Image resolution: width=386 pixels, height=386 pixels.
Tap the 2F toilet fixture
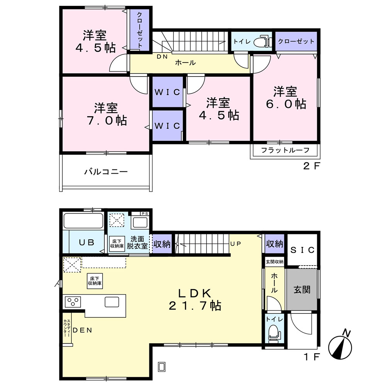[x=262, y=41]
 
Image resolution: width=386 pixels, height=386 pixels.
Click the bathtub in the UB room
[x=83, y=220]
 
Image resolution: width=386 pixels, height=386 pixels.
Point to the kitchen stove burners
[x=73, y=302]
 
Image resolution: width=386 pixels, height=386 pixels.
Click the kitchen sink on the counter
[x=112, y=302]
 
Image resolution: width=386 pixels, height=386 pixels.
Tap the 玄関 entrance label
[x=302, y=290]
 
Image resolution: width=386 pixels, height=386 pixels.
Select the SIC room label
[x=303, y=250]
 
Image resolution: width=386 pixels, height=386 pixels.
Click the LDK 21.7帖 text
[x=195, y=300]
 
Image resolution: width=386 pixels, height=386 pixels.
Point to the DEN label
[x=83, y=330]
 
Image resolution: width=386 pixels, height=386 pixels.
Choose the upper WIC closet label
[x=168, y=92]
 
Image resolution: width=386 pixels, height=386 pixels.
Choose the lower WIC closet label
[x=168, y=126]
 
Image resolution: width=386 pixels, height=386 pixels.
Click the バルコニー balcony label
[x=106, y=171]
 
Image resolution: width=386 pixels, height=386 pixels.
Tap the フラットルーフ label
[x=285, y=150]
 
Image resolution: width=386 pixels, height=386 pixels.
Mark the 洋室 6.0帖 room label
[x=286, y=98]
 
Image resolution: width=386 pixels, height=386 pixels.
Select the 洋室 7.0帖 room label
[x=107, y=114]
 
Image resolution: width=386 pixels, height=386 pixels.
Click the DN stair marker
[x=162, y=57]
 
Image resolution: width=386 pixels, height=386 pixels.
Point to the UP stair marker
[x=235, y=244]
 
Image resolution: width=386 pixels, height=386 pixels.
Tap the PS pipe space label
[x=145, y=214]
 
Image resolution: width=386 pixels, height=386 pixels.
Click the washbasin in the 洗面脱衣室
[x=140, y=222]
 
